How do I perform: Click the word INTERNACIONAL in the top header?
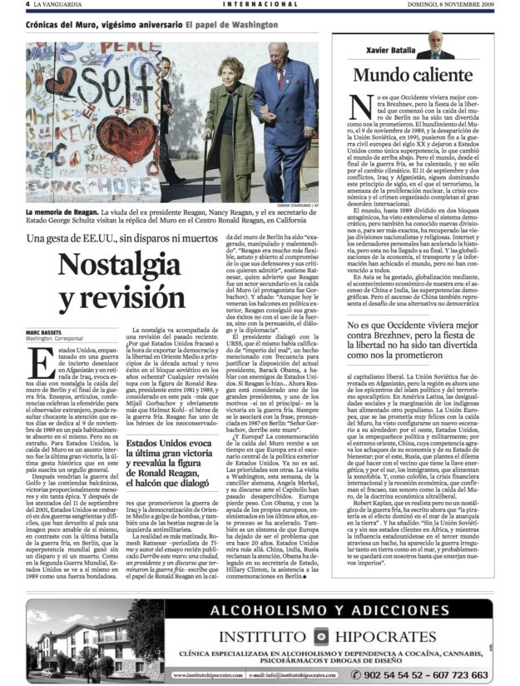[260, 5]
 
